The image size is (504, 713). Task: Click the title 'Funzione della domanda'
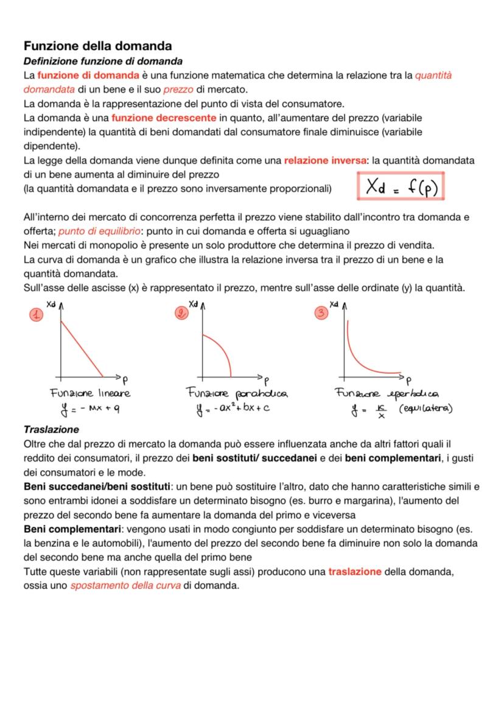tap(97, 46)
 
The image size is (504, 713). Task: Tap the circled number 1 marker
tap(36, 315)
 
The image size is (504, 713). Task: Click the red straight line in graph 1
tap(82, 349)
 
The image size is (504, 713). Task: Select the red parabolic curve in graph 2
tap(220, 347)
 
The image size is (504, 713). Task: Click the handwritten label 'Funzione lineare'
tap(90, 393)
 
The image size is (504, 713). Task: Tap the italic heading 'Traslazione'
tap(51, 429)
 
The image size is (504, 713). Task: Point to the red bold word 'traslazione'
tap(355, 572)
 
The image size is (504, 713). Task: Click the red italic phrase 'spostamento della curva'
tap(125, 586)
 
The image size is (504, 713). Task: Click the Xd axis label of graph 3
tap(334, 303)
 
